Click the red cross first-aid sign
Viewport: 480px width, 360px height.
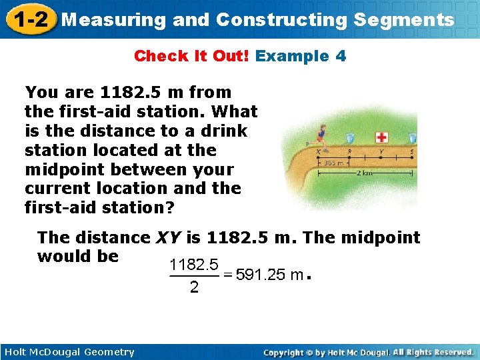click(x=381, y=137)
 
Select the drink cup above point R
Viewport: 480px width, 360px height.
click(x=350, y=138)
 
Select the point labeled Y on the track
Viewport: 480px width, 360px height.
click(x=381, y=157)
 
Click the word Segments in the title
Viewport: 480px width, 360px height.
click(x=404, y=20)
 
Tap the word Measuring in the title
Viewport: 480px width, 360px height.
click(x=113, y=20)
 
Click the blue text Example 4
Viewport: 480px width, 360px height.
click(x=301, y=56)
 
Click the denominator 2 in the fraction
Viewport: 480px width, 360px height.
click(x=194, y=288)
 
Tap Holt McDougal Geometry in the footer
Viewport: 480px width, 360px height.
click(x=68, y=352)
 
